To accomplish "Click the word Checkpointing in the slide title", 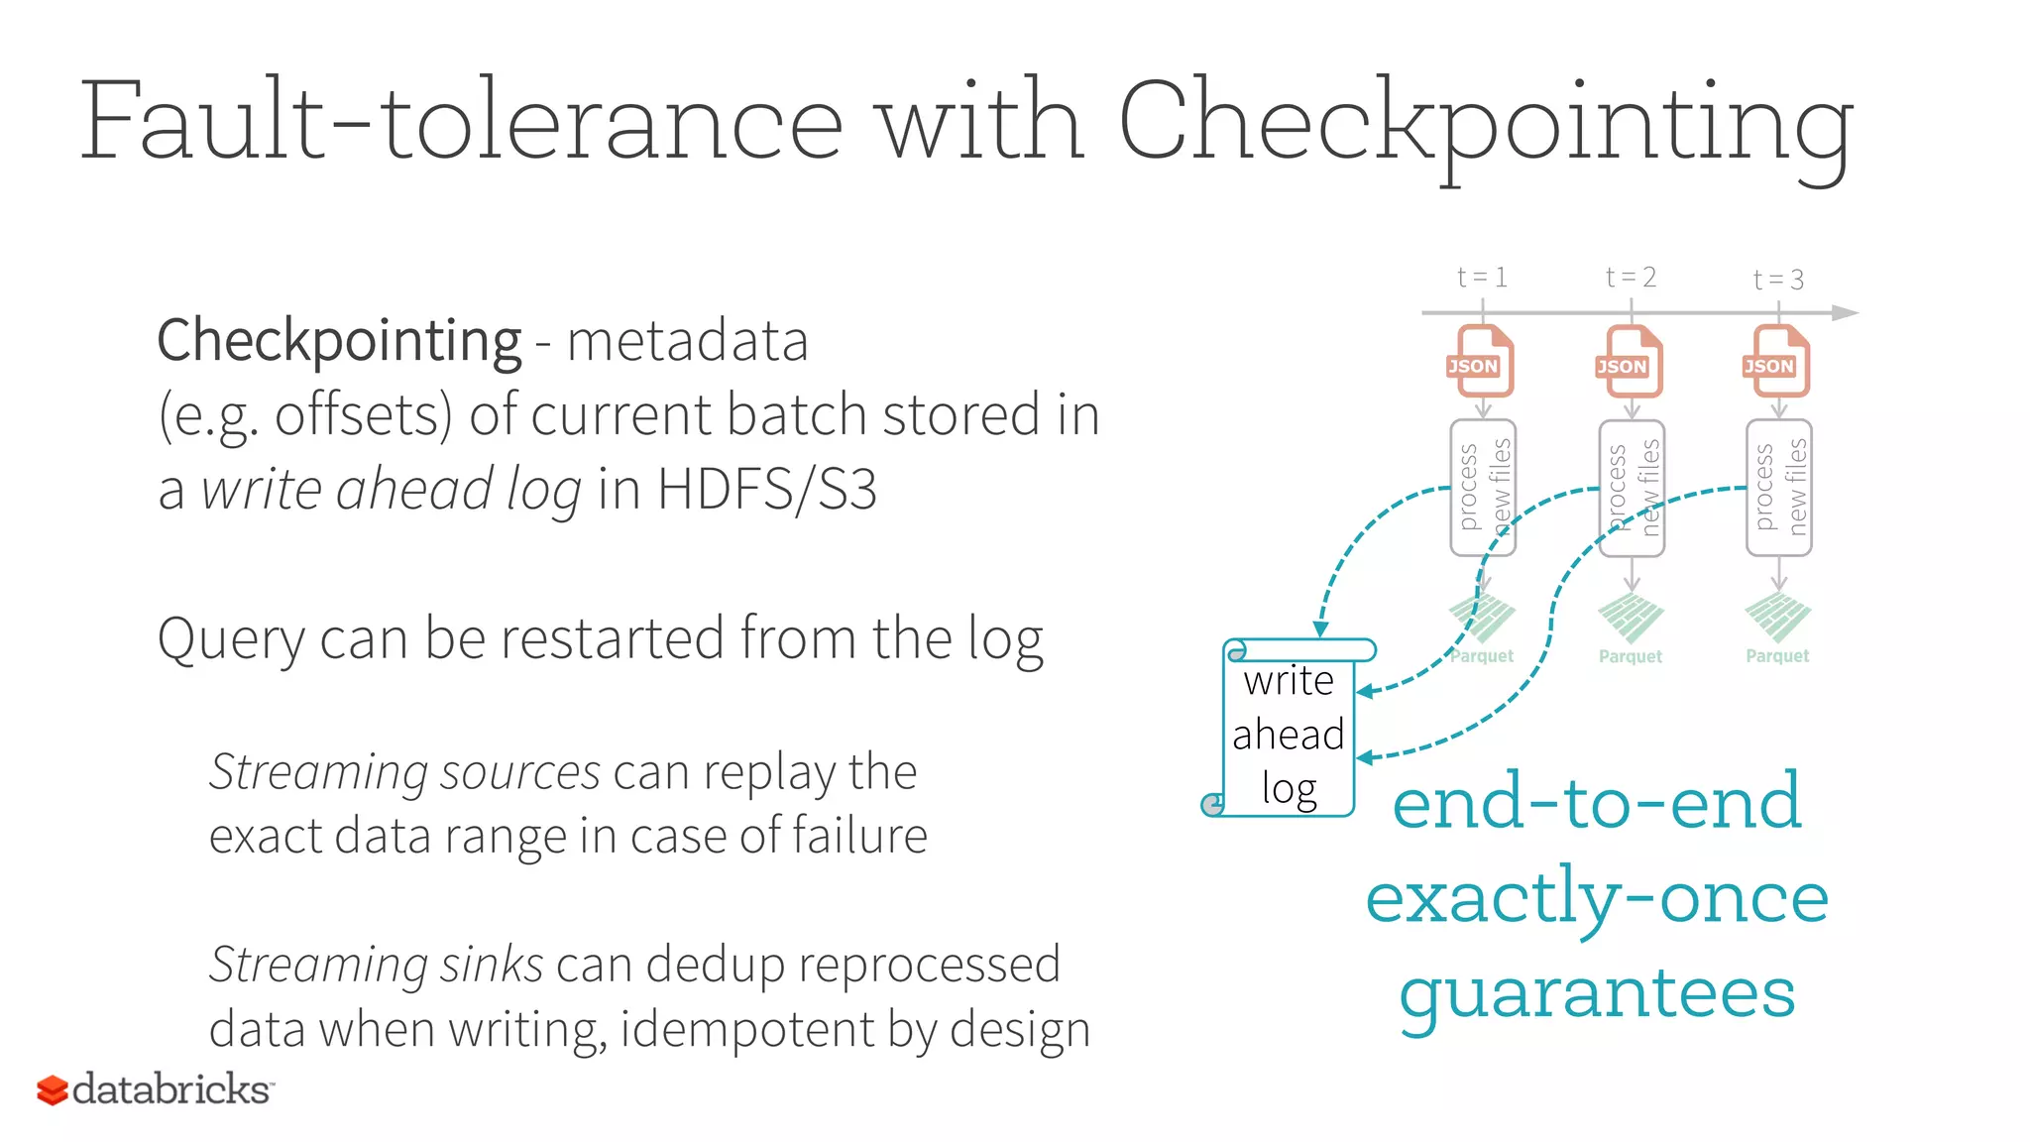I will [1485, 124].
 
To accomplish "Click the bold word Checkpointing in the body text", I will [339, 342].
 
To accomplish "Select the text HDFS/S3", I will [766, 490].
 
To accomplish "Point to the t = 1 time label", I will [1482, 278].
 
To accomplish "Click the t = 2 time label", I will [1631, 278].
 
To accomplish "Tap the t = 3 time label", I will [1778, 280].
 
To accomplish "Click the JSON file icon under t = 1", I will [1482, 362].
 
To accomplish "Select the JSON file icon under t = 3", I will [1777, 362].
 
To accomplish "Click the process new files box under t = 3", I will [1778, 488].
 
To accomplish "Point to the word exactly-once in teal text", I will [1597, 898].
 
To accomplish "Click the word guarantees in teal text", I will [1597, 993].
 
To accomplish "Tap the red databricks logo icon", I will [52, 1090].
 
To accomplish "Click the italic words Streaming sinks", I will [376, 965].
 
